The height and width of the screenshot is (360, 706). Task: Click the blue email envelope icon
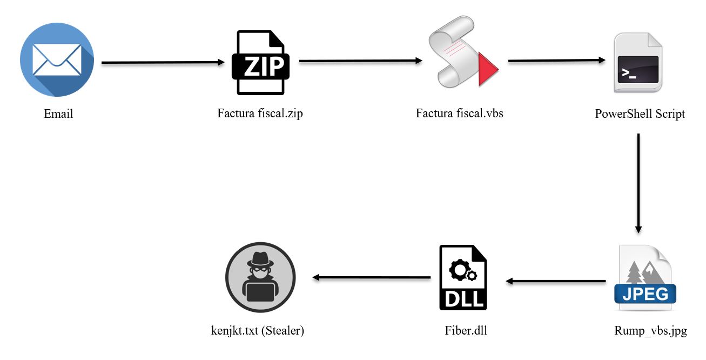[x=57, y=60]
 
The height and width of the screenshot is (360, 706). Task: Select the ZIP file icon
[x=260, y=63]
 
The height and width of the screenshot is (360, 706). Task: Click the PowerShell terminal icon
[x=638, y=63]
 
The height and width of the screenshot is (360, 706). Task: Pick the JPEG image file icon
[x=645, y=278]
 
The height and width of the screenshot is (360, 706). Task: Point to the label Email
[x=58, y=114]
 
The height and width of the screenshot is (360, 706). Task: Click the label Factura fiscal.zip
[x=260, y=114]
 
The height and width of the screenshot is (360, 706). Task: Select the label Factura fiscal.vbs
[x=460, y=114]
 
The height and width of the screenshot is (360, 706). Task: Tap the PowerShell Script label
[x=640, y=114]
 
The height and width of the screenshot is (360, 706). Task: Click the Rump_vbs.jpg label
[x=650, y=331]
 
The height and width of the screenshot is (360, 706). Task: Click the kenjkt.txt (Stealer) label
[x=258, y=331]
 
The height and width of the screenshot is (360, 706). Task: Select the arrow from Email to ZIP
[x=163, y=63]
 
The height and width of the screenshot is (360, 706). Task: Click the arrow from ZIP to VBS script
[x=360, y=61]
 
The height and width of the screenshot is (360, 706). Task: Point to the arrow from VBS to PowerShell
[x=556, y=61]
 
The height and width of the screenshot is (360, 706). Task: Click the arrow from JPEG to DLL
[x=556, y=281]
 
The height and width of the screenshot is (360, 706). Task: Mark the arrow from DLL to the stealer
[x=372, y=277]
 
